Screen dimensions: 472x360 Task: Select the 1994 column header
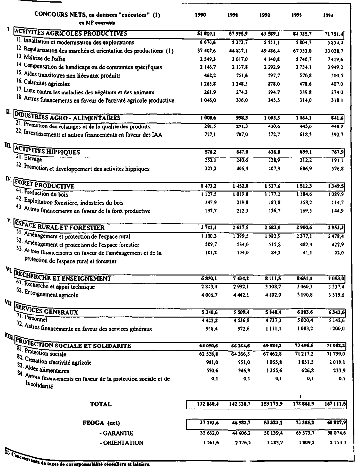point(329,15)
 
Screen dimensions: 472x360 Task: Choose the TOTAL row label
point(101,404)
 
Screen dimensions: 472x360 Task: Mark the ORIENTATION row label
point(121,443)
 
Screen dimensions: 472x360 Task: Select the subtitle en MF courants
point(97,23)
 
